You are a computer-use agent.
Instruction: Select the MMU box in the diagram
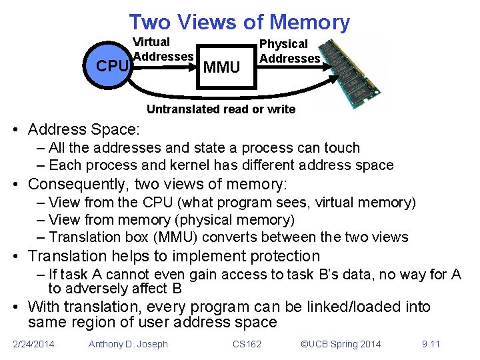click(222, 67)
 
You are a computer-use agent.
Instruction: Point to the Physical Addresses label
click(289, 51)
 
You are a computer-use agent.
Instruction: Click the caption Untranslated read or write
click(221, 109)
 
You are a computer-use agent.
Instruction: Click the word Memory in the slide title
click(309, 22)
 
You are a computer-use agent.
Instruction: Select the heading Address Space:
click(84, 129)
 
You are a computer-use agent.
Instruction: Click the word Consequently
click(80, 184)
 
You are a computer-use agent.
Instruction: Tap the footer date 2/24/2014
click(34, 344)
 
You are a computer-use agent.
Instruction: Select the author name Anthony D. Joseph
click(128, 344)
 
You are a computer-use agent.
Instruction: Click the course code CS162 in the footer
click(247, 344)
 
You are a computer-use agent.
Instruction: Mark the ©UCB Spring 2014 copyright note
click(341, 344)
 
